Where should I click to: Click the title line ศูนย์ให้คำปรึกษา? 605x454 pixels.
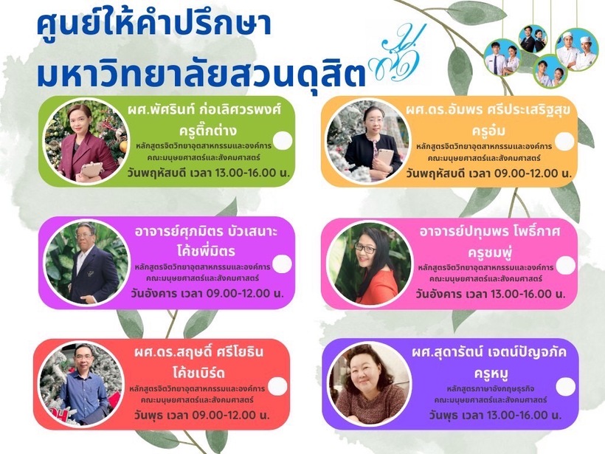[154, 24]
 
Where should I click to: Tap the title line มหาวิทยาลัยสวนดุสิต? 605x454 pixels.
[201, 72]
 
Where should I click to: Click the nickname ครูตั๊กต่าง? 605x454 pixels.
[207, 130]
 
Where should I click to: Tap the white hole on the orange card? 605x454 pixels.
[564, 141]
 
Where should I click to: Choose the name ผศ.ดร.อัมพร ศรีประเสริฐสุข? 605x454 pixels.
[488, 111]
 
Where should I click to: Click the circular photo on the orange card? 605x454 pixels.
[368, 141]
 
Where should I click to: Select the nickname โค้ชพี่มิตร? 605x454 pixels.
[206, 251]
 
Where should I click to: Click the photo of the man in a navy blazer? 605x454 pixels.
[86, 263]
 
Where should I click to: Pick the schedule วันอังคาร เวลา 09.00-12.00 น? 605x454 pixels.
[207, 293]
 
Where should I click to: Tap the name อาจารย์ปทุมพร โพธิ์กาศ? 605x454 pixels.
[490, 232]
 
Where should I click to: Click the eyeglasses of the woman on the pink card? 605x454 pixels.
[364, 248]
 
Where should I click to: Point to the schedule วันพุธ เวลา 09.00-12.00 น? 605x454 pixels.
[202, 416]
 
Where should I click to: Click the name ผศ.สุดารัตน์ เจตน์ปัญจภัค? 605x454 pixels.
[489, 352]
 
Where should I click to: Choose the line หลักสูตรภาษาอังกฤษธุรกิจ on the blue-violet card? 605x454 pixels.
[491, 389]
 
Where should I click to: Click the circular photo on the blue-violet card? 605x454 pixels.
[369, 384]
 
